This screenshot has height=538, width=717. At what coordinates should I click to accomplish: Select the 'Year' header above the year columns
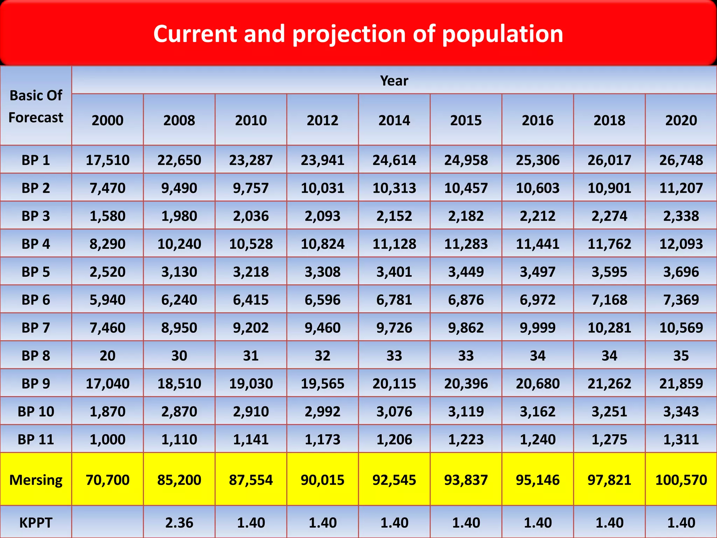[x=394, y=81]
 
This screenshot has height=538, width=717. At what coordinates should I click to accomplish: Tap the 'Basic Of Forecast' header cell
[x=36, y=106]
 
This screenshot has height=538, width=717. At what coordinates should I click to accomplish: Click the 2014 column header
[x=394, y=120]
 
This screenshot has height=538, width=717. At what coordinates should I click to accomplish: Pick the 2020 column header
[x=681, y=120]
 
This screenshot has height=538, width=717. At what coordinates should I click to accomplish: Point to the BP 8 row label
[x=36, y=356]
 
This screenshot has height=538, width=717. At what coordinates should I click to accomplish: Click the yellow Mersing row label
[x=36, y=480]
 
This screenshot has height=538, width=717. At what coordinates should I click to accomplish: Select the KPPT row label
[x=36, y=523]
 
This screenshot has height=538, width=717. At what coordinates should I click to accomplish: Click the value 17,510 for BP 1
[x=107, y=160]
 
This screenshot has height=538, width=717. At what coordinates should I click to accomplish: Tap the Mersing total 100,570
[x=681, y=480]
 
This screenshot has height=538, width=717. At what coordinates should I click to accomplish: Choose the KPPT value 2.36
[x=179, y=523]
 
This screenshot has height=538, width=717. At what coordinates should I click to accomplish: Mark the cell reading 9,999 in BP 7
[x=537, y=328]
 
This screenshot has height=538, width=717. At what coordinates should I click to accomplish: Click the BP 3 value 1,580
[x=107, y=216]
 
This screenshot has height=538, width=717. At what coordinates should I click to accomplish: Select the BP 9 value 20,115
[x=394, y=384]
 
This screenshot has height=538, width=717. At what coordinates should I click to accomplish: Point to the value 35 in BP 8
[x=681, y=356]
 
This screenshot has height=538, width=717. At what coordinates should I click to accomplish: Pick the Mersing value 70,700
[x=107, y=480]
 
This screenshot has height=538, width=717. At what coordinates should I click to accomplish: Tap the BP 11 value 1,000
[x=107, y=439]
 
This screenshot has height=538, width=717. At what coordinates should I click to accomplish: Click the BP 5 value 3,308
[x=322, y=272]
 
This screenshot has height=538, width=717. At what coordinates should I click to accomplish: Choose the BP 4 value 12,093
[x=681, y=244]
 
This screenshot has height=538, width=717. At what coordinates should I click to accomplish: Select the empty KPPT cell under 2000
[x=107, y=523]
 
